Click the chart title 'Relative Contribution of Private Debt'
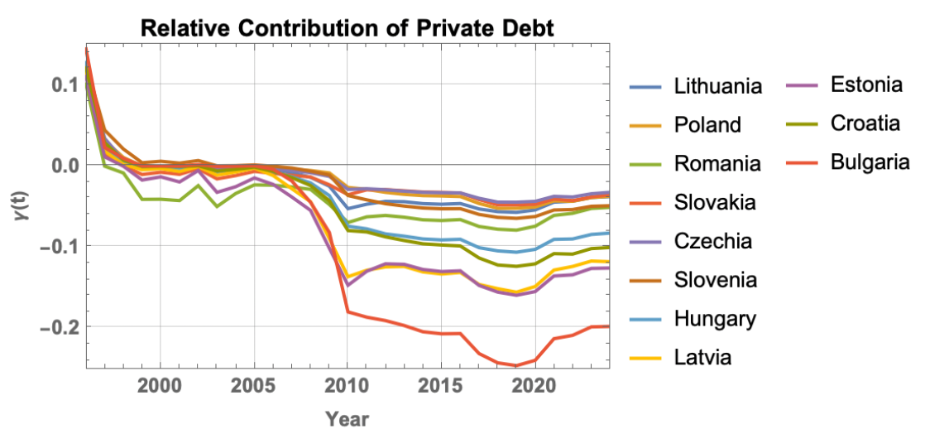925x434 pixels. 347,27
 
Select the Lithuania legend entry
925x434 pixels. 717,85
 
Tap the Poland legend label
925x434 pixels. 707,124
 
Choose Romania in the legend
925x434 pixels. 717,163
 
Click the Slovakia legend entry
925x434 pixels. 715,202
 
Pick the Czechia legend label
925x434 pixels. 712,241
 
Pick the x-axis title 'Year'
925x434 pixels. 347,418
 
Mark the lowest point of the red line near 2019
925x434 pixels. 515,365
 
